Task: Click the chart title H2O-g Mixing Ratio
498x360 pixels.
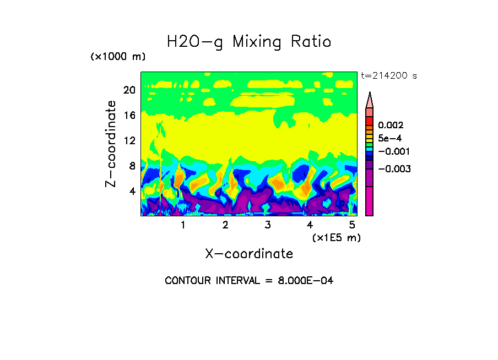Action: click(249, 42)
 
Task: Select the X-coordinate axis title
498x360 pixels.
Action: click(249, 254)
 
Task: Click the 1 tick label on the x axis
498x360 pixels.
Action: click(183, 225)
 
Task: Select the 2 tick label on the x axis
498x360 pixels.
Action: click(225, 225)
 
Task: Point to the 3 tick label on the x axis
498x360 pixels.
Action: click(268, 225)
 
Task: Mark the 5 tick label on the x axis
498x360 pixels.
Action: click(352, 225)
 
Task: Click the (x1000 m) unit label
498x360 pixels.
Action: click(117, 57)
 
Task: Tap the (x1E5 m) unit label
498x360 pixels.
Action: click(337, 237)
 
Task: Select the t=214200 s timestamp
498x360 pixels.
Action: click(388, 76)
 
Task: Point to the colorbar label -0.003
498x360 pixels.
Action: click(395, 168)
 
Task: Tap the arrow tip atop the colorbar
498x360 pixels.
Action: click(369, 93)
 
